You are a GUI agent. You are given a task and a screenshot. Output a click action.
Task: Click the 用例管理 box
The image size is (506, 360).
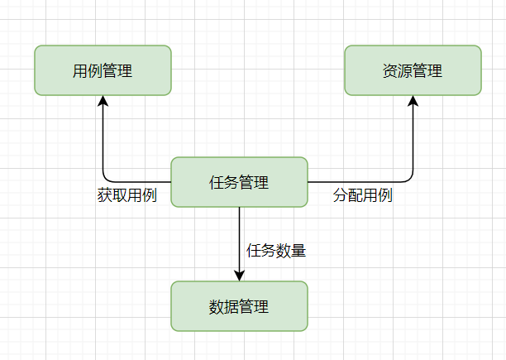click(103, 70)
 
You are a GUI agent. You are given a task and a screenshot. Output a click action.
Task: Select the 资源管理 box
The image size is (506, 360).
click(413, 70)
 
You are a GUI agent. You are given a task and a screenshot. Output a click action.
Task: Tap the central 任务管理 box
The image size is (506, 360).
click(239, 182)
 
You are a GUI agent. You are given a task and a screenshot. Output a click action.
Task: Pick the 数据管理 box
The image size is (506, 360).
click(239, 307)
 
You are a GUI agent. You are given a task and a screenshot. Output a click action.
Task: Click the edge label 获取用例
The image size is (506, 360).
click(126, 196)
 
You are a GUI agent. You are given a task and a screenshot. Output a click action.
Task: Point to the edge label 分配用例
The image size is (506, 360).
click(362, 196)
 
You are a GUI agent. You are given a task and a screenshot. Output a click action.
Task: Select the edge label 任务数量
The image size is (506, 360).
click(276, 250)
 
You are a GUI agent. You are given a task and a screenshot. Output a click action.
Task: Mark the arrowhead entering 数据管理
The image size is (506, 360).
click(239, 275)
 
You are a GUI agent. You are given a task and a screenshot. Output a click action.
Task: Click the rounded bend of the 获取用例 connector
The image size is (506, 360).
click(106, 179)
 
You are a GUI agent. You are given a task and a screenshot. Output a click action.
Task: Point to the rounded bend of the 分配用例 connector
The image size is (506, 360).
click(409, 179)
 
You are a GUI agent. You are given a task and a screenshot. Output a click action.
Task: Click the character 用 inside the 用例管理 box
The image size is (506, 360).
click(80, 71)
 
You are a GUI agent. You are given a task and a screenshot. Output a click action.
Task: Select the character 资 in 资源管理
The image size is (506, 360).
click(390, 71)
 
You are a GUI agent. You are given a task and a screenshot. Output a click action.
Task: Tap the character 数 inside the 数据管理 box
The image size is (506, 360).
click(217, 307)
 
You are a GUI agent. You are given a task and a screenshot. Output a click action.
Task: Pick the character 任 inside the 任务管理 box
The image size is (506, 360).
click(217, 183)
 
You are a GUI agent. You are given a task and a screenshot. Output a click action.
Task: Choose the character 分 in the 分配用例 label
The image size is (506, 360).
click(340, 196)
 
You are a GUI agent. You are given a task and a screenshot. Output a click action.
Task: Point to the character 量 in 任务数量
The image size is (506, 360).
click(298, 250)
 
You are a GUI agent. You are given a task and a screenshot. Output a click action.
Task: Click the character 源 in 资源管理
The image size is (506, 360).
click(405, 71)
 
